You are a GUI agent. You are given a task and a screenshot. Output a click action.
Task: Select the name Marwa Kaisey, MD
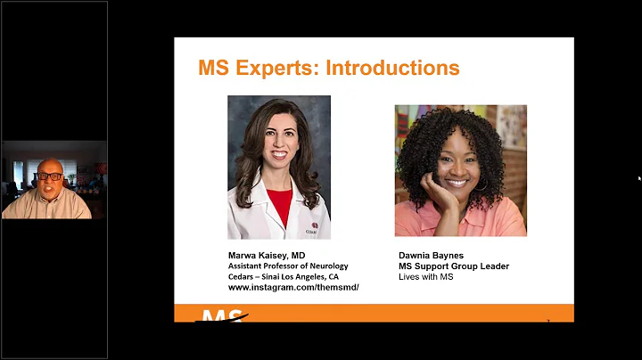(267, 255)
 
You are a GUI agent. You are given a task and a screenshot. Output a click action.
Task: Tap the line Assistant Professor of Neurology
(288, 266)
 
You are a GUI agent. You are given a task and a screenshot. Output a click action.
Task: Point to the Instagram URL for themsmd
(293, 288)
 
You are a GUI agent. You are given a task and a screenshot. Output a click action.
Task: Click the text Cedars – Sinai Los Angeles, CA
(284, 276)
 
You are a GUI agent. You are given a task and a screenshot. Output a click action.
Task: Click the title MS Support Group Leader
(454, 266)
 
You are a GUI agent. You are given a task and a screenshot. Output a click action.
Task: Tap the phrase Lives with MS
(427, 277)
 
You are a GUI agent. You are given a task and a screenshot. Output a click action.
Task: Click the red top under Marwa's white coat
(279, 206)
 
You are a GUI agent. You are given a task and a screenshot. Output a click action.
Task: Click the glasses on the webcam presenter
(49, 176)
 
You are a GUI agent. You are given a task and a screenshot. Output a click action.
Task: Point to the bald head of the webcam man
(49, 164)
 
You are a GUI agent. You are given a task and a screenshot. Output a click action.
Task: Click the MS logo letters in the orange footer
(218, 315)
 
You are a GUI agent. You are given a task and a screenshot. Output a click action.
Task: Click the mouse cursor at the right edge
(639, 178)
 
